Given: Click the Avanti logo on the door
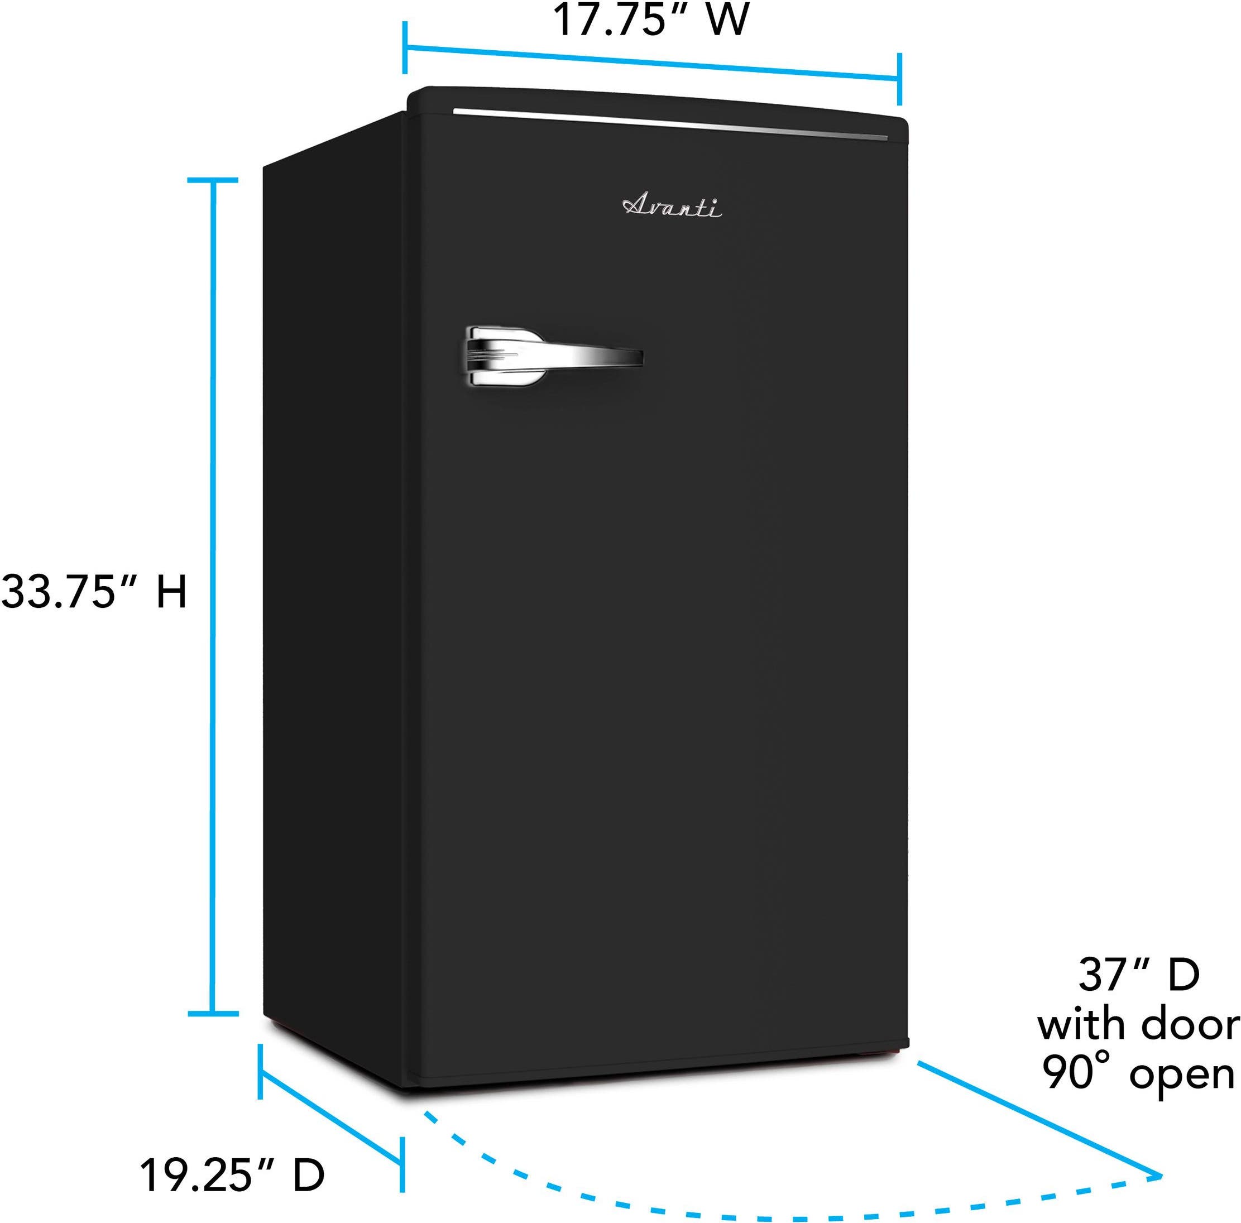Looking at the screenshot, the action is [x=672, y=207].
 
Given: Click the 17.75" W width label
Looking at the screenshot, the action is [x=651, y=20].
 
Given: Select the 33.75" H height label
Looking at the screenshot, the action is [x=94, y=592].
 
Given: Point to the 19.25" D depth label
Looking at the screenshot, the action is [x=232, y=1175].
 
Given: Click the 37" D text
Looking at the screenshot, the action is [x=1139, y=975].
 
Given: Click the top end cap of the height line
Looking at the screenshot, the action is [x=213, y=180].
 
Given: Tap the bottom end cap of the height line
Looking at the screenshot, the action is [x=213, y=1014].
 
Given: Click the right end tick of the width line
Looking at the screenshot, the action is [x=899, y=80].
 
